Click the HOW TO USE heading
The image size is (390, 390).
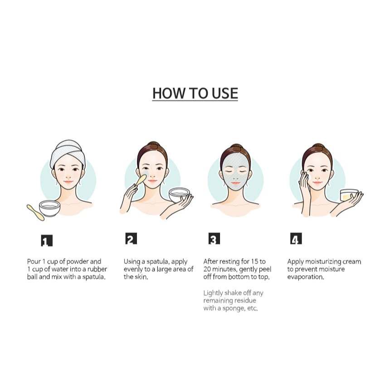click(195, 93)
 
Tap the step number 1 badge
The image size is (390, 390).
click(47, 240)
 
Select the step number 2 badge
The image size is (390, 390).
click(131, 239)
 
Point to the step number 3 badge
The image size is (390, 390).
click(214, 239)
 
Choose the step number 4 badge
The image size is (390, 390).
click(296, 239)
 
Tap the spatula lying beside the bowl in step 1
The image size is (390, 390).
click(35, 212)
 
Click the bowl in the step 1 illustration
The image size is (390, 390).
click(49, 208)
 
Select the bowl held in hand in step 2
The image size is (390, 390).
click(179, 195)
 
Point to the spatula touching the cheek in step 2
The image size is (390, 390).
click(141, 180)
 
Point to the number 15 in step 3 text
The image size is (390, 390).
click(255, 262)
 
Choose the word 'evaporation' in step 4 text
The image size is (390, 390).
click(306, 277)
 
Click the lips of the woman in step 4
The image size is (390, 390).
click(317, 183)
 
